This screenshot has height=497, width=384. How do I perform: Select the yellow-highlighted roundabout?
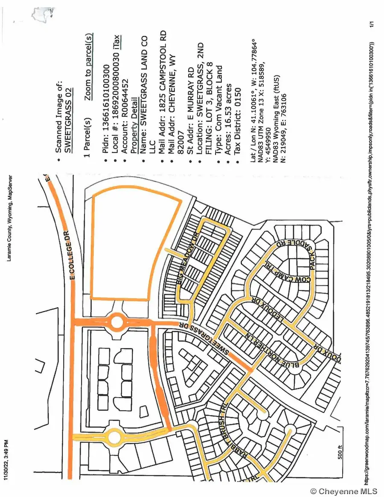click(x=114, y=437)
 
